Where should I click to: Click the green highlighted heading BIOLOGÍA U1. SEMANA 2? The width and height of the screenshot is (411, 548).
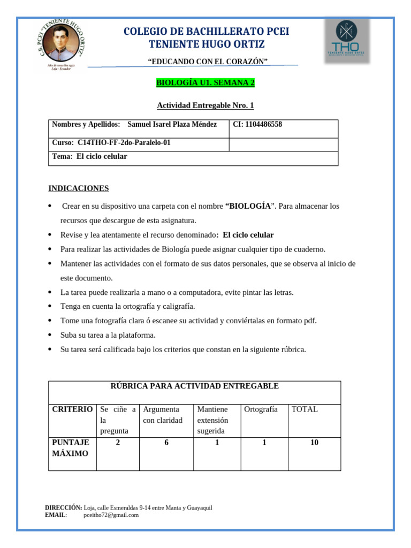[x=205, y=83]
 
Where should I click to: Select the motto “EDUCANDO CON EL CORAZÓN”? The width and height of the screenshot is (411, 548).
[x=208, y=62]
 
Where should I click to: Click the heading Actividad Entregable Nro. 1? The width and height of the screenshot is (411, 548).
[x=205, y=106]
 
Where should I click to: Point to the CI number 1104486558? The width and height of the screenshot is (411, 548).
[x=257, y=125]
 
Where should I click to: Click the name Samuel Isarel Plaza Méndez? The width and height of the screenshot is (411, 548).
[x=172, y=125]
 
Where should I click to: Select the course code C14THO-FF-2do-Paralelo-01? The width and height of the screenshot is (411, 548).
[x=124, y=143]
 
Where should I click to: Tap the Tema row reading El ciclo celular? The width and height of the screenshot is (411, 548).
[x=89, y=156]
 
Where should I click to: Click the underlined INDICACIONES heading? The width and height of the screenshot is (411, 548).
[x=79, y=188]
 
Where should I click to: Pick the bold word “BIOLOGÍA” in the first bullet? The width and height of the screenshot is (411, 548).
[x=248, y=206]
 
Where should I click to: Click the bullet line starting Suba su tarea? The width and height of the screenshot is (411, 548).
[x=108, y=335]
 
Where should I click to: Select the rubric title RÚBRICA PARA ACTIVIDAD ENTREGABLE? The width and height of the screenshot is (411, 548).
[x=194, y=386]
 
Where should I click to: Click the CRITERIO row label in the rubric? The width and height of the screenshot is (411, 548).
[x=72, y=409]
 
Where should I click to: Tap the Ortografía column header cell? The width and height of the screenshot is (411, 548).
[x=261, y=409]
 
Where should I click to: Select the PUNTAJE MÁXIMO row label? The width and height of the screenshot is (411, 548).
[x=70, y=448]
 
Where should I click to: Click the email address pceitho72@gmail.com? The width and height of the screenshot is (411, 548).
[x=111, y=515]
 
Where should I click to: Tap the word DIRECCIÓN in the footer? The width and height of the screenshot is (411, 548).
[x=63, y=508]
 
